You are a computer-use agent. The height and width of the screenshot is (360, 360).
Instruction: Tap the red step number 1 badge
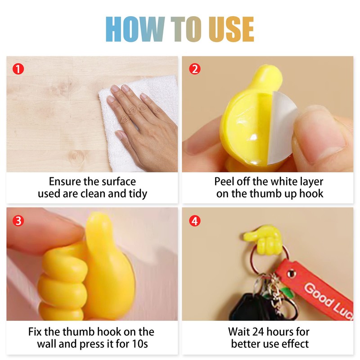(x=18, y=69)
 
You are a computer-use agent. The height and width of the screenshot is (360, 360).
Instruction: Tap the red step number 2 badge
(x=194, y=69)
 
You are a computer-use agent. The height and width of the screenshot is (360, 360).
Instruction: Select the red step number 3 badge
(x=18, y=221)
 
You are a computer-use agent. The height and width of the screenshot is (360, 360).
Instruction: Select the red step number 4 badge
(x=194, y=221)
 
